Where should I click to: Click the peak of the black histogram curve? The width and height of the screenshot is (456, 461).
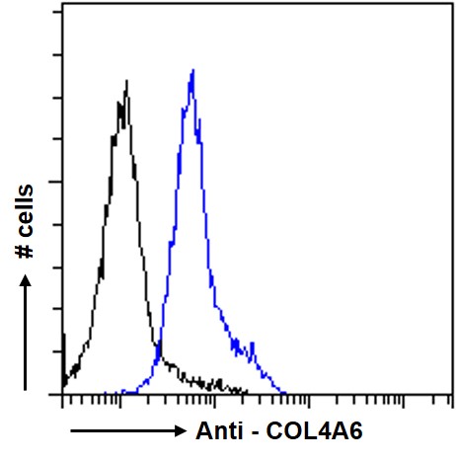click(126, 80)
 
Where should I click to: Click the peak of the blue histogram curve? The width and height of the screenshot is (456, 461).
click(192, 70)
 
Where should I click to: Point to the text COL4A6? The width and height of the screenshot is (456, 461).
click(306, 430)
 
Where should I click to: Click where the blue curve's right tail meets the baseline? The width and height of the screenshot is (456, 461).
click(284, 392)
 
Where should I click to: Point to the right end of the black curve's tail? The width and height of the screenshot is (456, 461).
click(246, 392)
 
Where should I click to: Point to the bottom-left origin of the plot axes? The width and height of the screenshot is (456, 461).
click(62, 394)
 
